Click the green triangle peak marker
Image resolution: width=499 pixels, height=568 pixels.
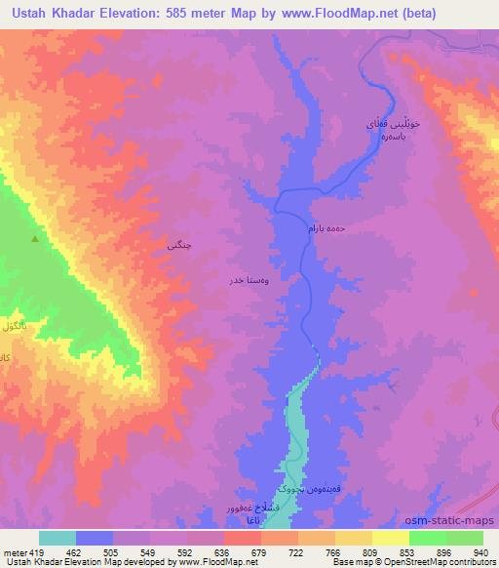[x=36, y=238]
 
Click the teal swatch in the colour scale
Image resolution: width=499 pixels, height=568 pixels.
[x=58, y=538]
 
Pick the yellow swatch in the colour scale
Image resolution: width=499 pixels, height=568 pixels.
[x=390, y=538]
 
